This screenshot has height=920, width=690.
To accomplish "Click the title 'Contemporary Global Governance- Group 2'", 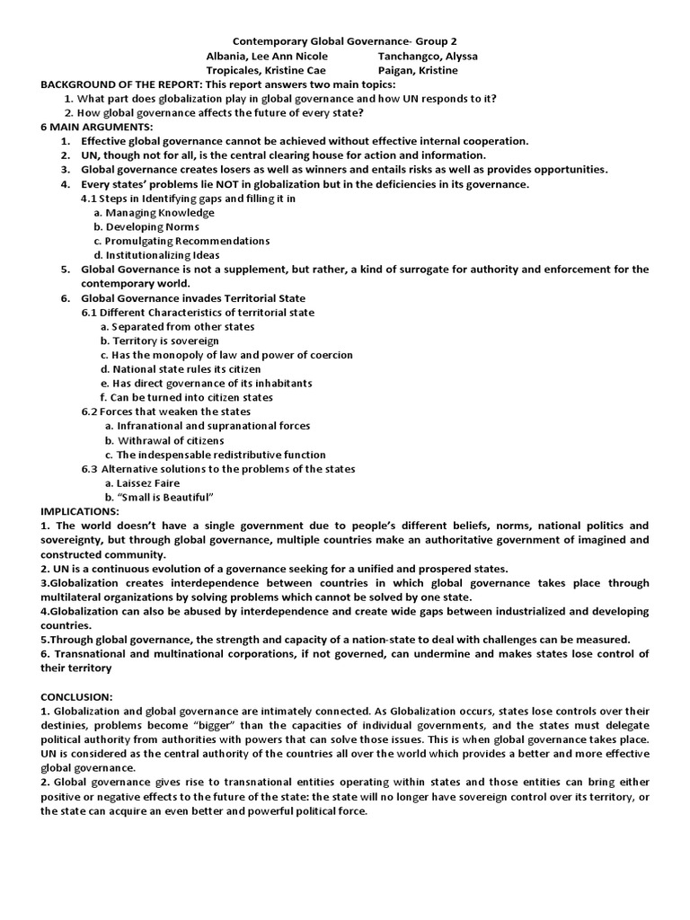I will [x=345, y=41].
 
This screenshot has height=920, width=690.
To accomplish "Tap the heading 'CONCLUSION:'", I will [x=78, y=696].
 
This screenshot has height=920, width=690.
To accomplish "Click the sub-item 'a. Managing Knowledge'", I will [x=155, y=213].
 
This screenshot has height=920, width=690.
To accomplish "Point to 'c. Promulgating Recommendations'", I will [x=181, y=241].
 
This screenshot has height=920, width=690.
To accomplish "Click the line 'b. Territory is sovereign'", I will [x=159, y=341].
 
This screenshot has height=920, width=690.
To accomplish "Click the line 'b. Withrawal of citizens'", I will [x=164, y=440].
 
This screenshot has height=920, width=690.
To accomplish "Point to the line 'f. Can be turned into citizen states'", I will [x=187, y=397].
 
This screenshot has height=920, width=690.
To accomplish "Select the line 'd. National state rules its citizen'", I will [x=181, y=368].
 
